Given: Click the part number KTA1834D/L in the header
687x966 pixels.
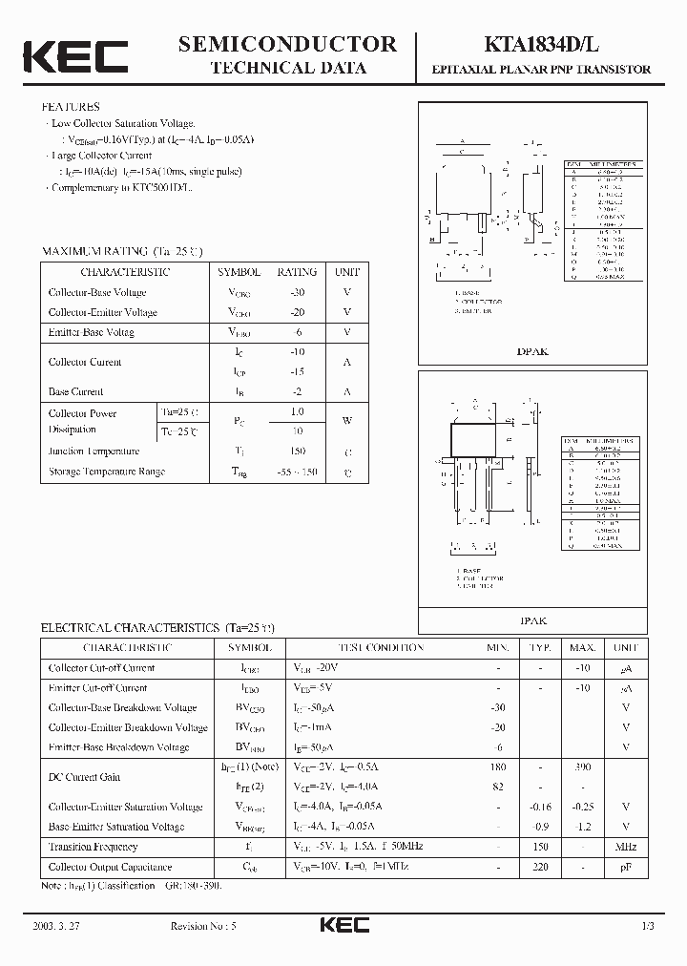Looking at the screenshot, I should [x=554, y=45].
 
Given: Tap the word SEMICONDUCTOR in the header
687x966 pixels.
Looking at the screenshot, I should [x=287, y=44].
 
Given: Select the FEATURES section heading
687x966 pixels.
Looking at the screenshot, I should [x=70, y=107].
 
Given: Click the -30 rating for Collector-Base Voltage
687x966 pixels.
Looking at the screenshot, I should [x=296, y=292].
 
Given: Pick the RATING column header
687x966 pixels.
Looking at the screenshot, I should [x=296, y=272].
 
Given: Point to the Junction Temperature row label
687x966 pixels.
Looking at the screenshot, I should [x=94, y=451].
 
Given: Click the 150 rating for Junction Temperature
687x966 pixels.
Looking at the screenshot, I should [x=296, y=451].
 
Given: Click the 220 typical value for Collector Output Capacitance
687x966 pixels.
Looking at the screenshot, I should [x=540, y=867].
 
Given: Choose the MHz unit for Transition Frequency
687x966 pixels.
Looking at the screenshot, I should [x=626, y=847].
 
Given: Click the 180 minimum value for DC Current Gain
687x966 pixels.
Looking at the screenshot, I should [x=497, y=766].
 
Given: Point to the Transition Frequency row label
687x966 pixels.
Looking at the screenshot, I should [x=93, y=847].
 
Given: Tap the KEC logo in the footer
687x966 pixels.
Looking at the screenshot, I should [x=343, y=925].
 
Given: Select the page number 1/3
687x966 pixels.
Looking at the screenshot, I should [x=647, y=926].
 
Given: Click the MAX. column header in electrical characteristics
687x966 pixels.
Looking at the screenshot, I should [x=583, y=647].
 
